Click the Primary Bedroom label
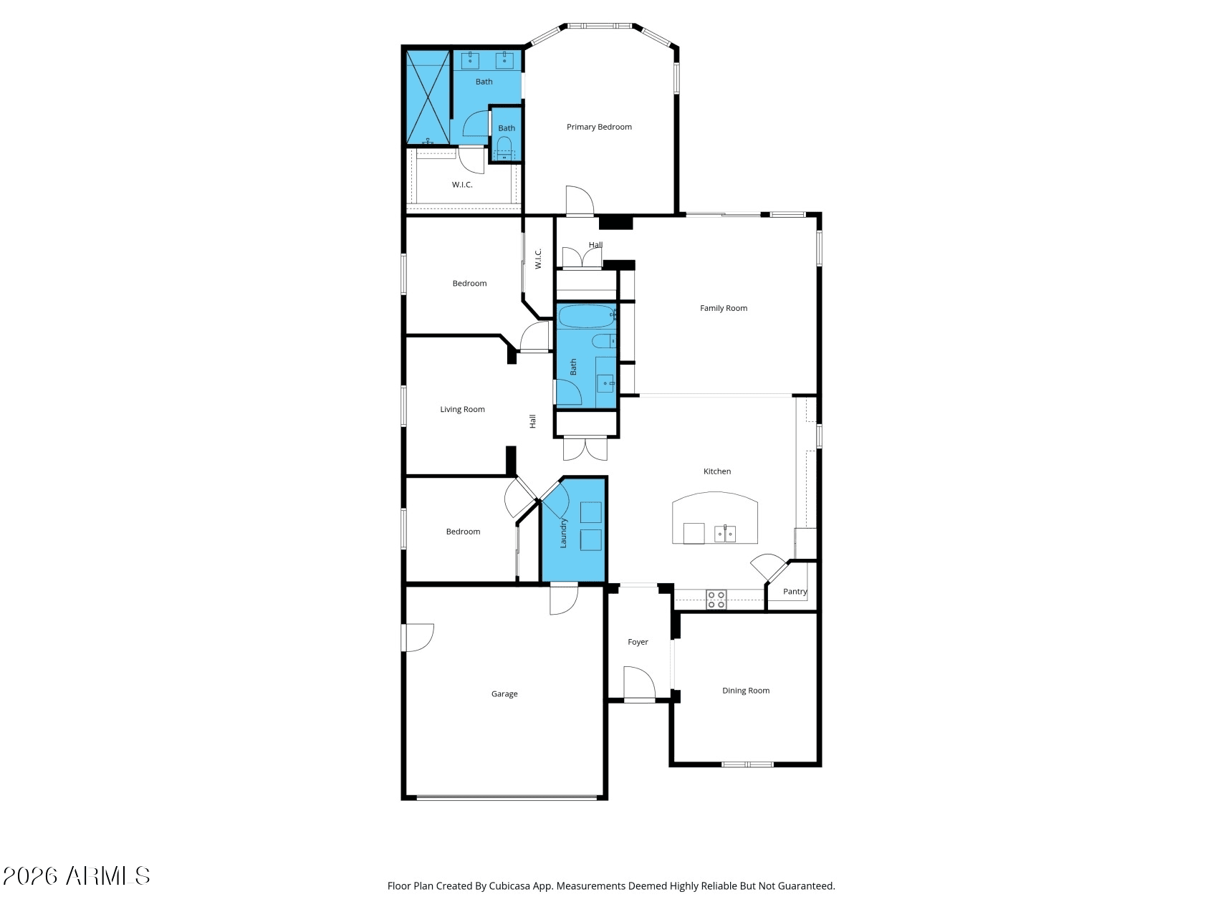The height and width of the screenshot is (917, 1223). click(599, 127)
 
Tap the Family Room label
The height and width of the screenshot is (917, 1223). click(724, 308)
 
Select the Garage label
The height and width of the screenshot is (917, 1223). click(504, 693)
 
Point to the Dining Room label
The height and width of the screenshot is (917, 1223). click(746, 691)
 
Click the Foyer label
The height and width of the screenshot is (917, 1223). click(638, 642)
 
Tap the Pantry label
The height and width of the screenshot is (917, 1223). click(795, 592)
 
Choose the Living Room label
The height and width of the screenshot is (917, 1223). click(462, 409)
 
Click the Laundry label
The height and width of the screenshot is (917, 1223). click(563, 533)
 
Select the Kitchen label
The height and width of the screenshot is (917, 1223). click(717, 471)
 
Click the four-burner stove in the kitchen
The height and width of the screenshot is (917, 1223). click(716, 600)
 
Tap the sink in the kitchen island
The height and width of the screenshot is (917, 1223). click(724, 534)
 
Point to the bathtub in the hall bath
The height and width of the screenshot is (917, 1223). click(587, 316)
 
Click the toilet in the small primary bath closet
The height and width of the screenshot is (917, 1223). click(504, 148)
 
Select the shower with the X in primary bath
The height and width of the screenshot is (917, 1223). click(428, 97)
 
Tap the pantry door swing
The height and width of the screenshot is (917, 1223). click(769, 567)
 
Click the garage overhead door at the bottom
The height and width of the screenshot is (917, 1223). click(507, 797)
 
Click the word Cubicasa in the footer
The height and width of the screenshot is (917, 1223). click(509, 886)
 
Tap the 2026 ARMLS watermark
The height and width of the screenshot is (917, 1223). click(77, 876)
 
